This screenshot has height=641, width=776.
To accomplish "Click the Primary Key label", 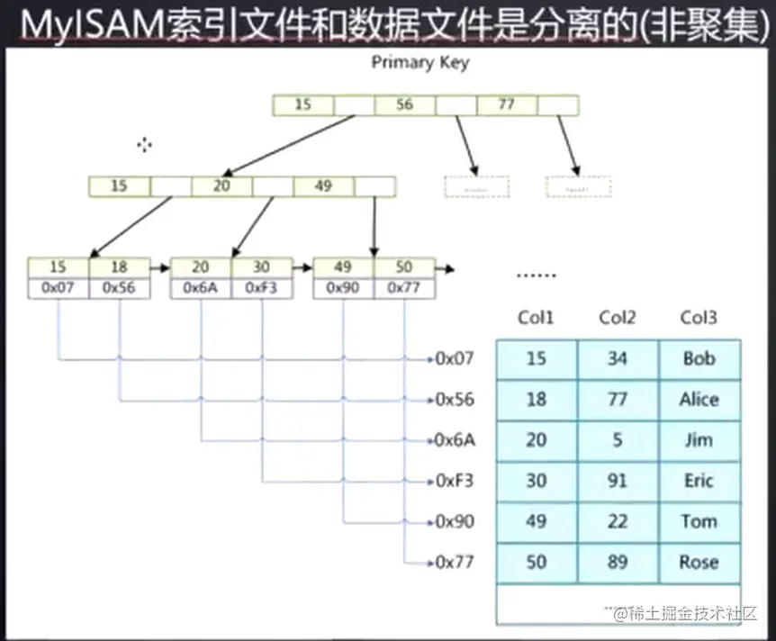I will [420, 63].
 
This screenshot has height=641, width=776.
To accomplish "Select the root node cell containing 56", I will [404, 105].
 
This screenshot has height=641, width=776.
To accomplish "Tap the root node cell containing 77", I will [506, 105].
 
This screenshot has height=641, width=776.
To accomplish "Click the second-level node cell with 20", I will [221, 186].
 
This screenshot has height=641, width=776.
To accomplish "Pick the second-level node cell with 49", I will [323, 186].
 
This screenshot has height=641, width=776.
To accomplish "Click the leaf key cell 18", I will [120, 267].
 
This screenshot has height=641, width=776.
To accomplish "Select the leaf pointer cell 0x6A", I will [201, 289].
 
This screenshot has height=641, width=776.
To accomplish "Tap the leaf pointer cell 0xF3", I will [262, 289].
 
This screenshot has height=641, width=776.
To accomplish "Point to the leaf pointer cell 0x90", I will [343, 289].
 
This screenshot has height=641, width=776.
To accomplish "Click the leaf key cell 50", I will [404, 267].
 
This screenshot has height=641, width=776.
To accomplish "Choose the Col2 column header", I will [617, 317].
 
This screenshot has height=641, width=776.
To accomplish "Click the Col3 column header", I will [699, 317].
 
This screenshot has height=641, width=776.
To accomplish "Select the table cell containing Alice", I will [699, 400].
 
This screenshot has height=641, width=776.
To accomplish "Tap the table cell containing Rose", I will [699, 563].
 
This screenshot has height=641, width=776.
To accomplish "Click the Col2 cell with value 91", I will [617, 481].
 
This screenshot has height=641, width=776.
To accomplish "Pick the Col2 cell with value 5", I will [617, 440].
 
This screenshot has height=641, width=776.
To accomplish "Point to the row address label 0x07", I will [455, 359].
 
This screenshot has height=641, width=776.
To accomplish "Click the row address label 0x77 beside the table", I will [455, 563].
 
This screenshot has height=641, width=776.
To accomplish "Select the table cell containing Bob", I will [699, 359].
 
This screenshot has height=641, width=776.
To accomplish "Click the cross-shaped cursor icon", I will [144, 145].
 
